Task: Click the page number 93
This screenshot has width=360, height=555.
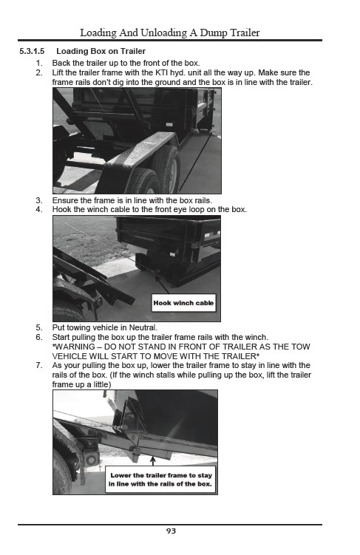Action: tap(171, 531)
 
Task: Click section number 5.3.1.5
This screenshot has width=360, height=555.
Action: tap(32, 51)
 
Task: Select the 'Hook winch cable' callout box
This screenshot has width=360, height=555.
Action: tap(184, 303)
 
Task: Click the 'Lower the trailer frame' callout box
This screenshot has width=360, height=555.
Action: tap(160, 480)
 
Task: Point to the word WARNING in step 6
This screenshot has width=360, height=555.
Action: tap(75, 347)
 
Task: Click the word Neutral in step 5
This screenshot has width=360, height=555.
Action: tap(143, 328)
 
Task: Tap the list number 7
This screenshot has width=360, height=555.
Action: tap(39, 365)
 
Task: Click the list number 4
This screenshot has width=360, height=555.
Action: tap(39, 210)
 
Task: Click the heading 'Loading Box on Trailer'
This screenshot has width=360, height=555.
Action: tap(101, 51)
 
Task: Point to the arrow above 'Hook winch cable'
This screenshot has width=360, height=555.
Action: tap(163, 285)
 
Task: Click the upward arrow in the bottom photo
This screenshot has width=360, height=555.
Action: tap(153, 461)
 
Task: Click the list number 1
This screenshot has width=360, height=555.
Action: tap(39, 64)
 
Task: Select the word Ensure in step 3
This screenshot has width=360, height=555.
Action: tap(64, 200)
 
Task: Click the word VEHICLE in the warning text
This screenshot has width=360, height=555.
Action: tap(69, 356)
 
